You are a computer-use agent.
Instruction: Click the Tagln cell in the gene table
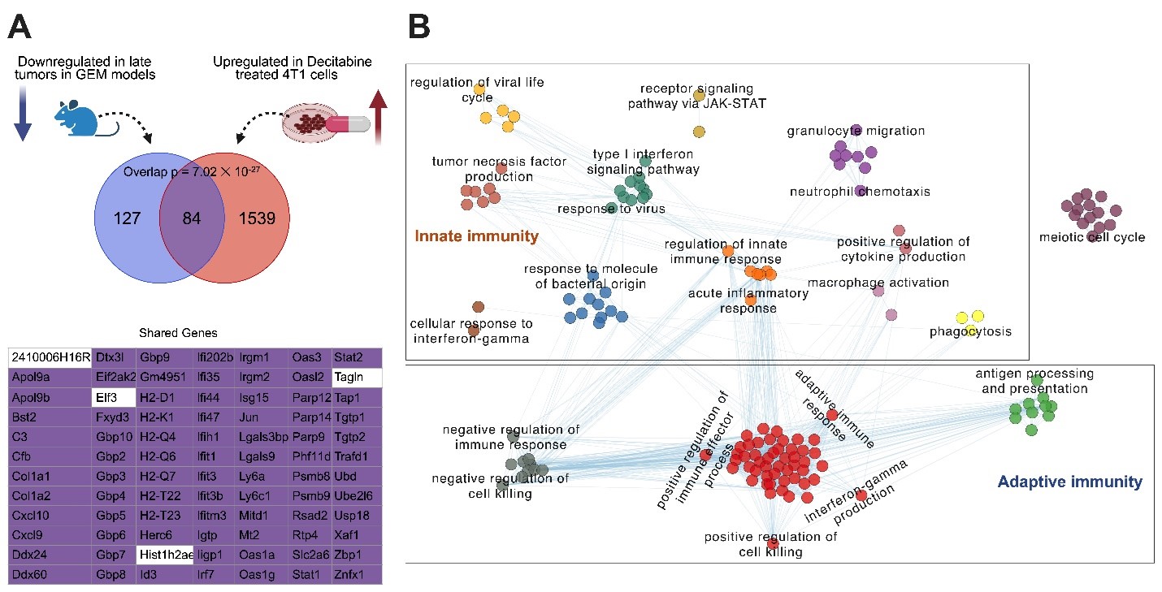point(357,377)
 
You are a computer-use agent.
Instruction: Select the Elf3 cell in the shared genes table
point(114,398)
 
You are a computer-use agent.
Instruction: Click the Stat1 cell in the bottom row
point(309,574)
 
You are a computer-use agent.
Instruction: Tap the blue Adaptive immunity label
point(1069,482)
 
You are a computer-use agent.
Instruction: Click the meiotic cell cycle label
point(1091,237)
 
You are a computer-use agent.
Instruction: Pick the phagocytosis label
point(970,332)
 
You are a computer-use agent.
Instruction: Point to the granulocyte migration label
point(856,131)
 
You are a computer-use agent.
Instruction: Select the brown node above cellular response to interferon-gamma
point(478,307)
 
